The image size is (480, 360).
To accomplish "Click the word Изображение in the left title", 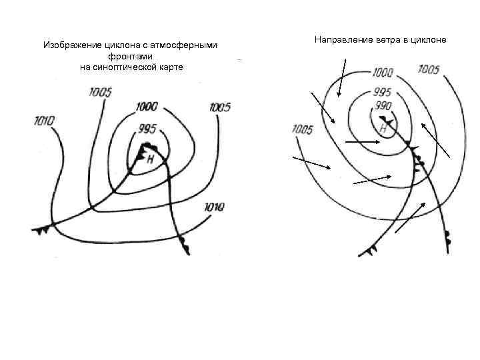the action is point(73,46).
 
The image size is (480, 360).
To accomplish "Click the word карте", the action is point(169,67).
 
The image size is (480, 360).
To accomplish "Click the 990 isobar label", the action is point(383,106).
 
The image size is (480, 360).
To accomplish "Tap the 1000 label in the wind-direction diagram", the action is point(383,72).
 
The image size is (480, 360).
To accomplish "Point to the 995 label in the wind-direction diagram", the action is point(382,92).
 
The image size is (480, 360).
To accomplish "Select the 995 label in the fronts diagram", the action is point(147,128).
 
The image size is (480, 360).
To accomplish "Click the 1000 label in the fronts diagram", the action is point(146,106).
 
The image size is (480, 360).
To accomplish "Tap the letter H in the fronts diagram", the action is point(150,159).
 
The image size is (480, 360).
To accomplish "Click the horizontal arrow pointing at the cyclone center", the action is point(363,142).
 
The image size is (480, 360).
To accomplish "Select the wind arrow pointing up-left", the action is point(435,140).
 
